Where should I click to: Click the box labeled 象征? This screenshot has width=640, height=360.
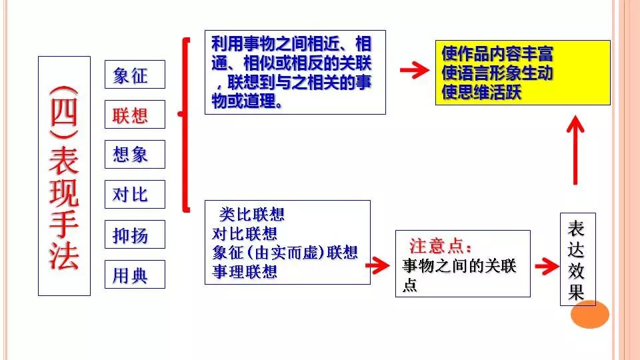click(x=135, y=75)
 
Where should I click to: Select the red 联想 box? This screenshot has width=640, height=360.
click(x=135, y=115)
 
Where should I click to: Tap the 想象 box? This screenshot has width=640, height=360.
click(x=135, y=155)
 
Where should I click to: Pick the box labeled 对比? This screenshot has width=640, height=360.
click(x=135, y=195)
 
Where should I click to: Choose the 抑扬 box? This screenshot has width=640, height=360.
click(x=135, y=235)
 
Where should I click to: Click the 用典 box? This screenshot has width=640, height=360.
click(x=135, y=275)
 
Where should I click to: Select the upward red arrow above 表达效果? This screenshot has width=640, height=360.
click(x=575, y=150)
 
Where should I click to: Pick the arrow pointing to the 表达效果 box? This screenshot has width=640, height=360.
click(x=546, y=265)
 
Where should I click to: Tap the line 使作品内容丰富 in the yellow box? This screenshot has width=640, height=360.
click(x=497, y=53)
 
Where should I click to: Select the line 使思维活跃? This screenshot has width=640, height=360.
click(x=481, y=92)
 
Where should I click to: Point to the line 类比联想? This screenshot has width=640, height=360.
click(x=252, y=215)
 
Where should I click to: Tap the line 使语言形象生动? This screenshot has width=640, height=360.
click(x=497, y=73)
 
